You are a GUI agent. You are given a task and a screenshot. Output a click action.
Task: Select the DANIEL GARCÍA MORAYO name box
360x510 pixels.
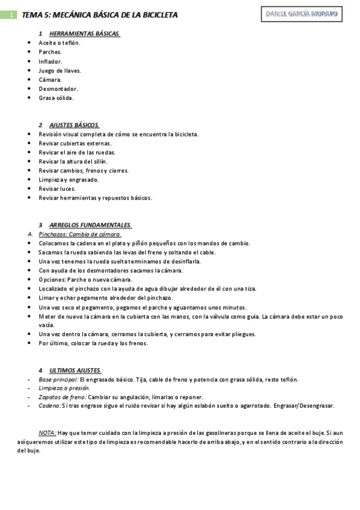pos(302,13)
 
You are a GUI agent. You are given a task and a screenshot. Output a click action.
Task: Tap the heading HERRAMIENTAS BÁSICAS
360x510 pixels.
pos(85,34)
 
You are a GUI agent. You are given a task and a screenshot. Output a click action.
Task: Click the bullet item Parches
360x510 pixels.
pos(50,52)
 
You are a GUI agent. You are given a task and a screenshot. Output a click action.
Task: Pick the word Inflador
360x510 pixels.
pos(50,61)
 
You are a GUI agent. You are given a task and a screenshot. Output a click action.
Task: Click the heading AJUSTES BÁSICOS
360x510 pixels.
pos(75,125)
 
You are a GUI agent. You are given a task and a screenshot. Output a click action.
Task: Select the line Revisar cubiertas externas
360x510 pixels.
pos(75,143)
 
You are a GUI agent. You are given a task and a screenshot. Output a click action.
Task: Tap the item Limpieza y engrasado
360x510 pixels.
pos(68,179)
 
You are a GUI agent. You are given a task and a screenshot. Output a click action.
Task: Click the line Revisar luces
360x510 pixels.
pos(57,188)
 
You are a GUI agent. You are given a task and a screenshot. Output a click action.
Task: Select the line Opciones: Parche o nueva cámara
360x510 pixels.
pos(85,280)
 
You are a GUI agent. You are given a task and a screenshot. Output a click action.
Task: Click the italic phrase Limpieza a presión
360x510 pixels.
pos(64,388)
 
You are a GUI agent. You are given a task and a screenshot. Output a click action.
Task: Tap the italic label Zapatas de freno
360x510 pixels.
pos(62,397)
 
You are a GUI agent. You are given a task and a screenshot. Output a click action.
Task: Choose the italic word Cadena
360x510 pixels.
pos(49,406)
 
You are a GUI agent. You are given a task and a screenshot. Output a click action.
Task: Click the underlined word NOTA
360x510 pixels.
pos(47,433)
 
